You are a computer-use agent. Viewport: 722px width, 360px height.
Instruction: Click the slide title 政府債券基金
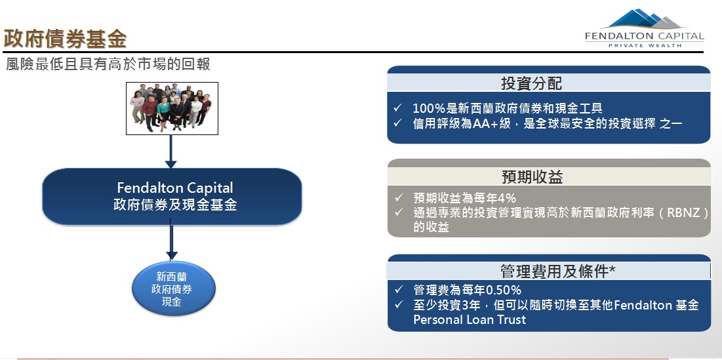pos(65,39)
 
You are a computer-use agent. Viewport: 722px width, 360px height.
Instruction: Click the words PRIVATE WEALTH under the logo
pos(645,46)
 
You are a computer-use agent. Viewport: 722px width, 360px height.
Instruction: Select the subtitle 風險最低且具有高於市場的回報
pos(108,64)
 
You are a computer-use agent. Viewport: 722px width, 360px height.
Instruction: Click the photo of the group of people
pos(172,108)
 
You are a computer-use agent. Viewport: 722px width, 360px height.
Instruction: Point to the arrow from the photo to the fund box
pos(171,151)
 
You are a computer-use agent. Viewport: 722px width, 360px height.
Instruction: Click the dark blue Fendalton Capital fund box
pos(172,197)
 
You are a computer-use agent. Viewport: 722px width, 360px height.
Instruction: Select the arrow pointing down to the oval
pos(171,239)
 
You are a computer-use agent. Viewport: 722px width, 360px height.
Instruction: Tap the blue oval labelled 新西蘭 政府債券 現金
pos(174,289)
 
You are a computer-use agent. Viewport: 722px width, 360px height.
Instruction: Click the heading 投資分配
pos(532,83)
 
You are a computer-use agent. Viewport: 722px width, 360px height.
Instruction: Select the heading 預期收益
pos(532,177)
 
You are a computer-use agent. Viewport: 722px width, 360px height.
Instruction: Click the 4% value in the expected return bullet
pos(508,199)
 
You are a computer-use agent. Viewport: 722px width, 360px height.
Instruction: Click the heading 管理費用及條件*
pos(557,271)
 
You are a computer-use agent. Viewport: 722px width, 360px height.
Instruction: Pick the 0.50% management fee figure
pos(504,290)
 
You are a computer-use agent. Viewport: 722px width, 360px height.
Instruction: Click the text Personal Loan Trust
pos(470,319)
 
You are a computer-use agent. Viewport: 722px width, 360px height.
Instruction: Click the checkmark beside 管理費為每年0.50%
pos(399,290)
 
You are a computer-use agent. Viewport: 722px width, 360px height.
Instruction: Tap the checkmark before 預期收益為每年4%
pos(399,198)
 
